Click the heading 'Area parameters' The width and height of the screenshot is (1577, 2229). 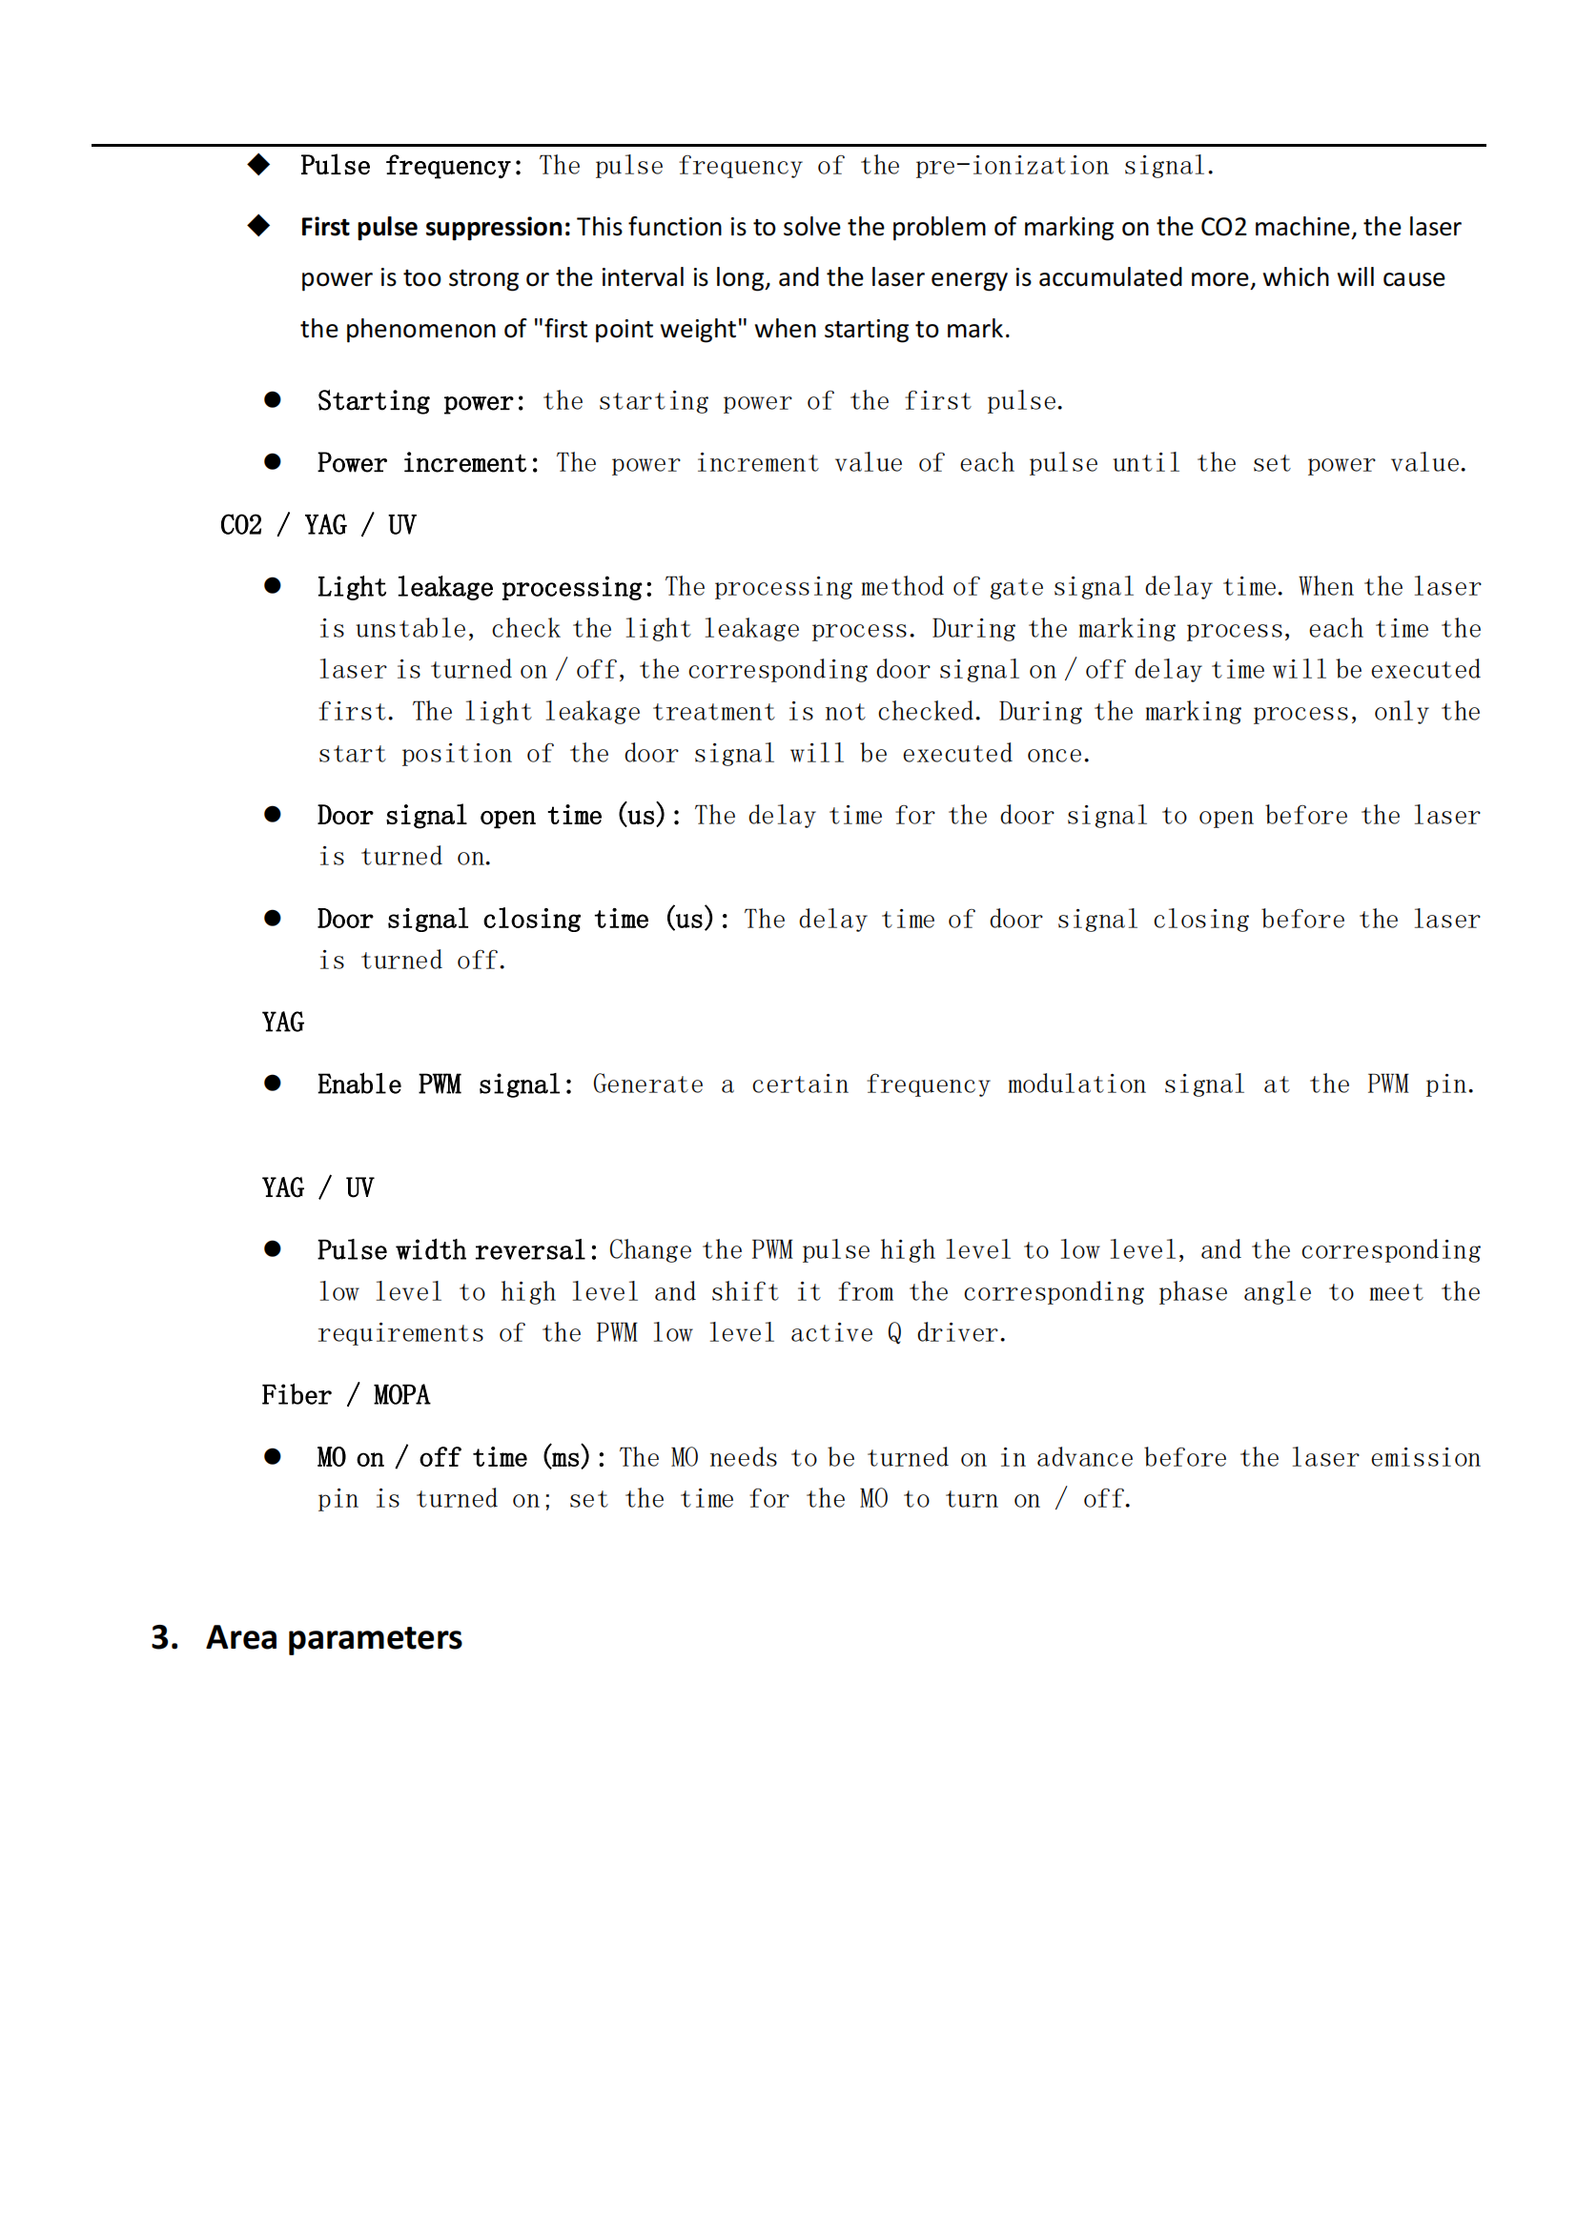coord(334,1638)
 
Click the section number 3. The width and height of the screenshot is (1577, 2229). coord(163,1638)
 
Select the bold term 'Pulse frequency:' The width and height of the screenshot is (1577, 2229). coord(412,166)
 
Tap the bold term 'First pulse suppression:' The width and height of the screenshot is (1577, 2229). coord(435,227)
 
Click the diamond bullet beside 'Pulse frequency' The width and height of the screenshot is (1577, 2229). coord(258,164)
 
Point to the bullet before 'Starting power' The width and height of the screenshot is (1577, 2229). coord(273,400)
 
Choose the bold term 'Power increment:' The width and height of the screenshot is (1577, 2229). coord(428,463)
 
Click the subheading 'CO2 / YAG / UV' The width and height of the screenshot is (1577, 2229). coord(317,525)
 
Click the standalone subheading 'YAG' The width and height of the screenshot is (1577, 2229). coord(282,1023)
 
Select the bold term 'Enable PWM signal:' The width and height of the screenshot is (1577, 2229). coord(444,1084)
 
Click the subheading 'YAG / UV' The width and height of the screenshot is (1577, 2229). coord(317,1187)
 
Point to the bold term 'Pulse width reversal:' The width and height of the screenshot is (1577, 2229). coord(458,1250)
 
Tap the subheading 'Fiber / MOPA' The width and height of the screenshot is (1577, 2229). coord(346,1395)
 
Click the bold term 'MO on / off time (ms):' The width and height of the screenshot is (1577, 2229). coord(461,1458)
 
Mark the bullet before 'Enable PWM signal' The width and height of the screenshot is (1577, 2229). coord(273,1084)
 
